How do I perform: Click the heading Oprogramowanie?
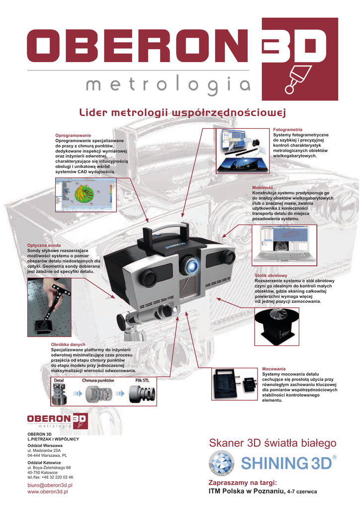pyautogui.click(x=73, y=136)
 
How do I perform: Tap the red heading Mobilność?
pyautogui.click(x=263, y=187)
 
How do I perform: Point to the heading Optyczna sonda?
pyautogui.click(x=44, y=246)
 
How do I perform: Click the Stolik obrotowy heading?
pyautogui.click(x=271, y=275)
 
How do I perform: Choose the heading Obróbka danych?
pyautogui.click(x=68, y=344)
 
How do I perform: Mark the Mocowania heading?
pyautogui.click(x=274, y=369)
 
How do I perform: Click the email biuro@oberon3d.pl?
pyautogui.click(x=50, y=485)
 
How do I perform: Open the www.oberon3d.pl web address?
pyautogui.click(x=48, y=492)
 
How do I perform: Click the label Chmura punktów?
pyautogui.click(x=98, y=380)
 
